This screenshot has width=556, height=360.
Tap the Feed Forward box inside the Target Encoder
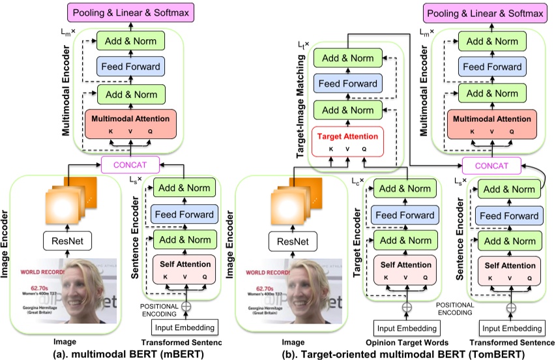(406, 215)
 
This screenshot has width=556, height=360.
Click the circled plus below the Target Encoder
(407, 306)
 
